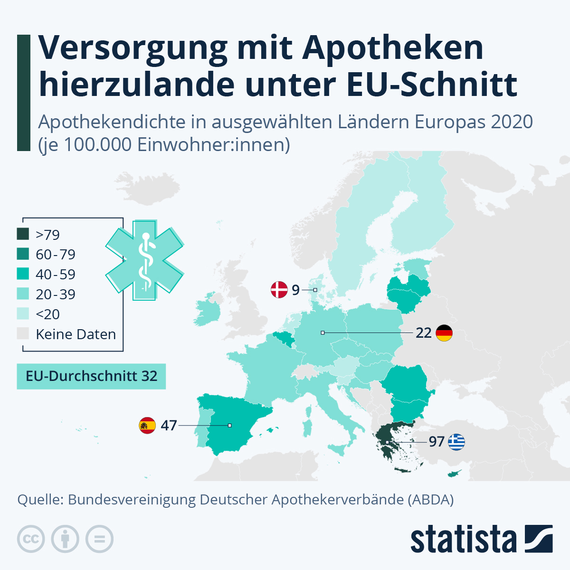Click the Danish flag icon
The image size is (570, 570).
tap(279, 289)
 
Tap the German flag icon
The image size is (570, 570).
tap(444, 333)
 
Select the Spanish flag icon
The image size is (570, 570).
tap(147, 425)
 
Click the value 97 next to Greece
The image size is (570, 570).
tap(437, 442)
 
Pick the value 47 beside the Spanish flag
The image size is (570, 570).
tap(169, 425)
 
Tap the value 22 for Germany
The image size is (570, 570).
tap(423, 333)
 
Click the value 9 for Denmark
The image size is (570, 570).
tap(295, 290)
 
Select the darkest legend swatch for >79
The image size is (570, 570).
tap(23, 234)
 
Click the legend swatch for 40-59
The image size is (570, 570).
tap(23, 274)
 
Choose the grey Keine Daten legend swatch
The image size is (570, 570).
tap(23, 334)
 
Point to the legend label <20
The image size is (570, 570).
tap(47, 314)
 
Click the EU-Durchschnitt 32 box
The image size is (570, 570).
tap(91, 376)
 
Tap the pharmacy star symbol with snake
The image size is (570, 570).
tap(144, 260)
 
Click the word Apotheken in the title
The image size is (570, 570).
tap(392, 48)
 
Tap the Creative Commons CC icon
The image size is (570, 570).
tap(31, 539)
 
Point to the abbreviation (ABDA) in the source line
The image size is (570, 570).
tap(430, 500)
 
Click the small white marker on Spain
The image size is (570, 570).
tap(230, 426)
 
